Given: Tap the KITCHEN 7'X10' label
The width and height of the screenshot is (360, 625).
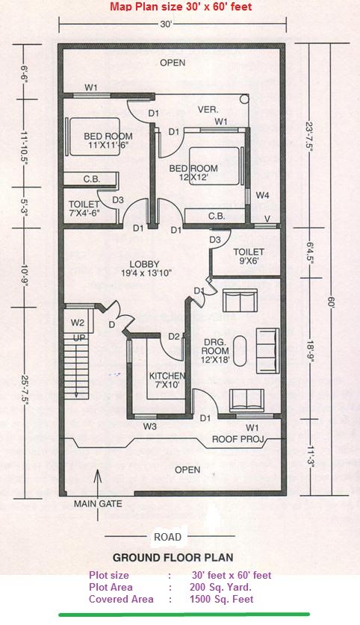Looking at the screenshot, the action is point(167,380).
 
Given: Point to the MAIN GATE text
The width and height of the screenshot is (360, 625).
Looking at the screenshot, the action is point(98,504).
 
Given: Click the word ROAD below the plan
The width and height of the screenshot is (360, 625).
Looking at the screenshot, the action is point(168,537).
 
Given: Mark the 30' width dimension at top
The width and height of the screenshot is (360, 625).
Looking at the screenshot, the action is point(166,24).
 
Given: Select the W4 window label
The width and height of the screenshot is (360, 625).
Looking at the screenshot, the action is point(263,196).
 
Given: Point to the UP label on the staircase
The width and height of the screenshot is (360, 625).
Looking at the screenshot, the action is point(78,338).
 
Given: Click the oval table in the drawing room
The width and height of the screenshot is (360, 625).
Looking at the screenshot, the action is point(240,351).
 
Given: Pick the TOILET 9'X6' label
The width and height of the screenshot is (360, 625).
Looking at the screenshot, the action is point(249,256).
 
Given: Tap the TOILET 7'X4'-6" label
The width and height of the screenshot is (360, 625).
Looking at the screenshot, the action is point(84,208).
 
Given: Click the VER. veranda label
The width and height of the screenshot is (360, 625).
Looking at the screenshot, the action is point(208,110).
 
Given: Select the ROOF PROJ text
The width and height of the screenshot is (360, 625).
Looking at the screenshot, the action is point(238,439).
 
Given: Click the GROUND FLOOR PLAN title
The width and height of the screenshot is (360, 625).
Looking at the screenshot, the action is point(173,557).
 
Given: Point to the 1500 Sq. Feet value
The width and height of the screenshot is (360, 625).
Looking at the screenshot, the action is point(222,599).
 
